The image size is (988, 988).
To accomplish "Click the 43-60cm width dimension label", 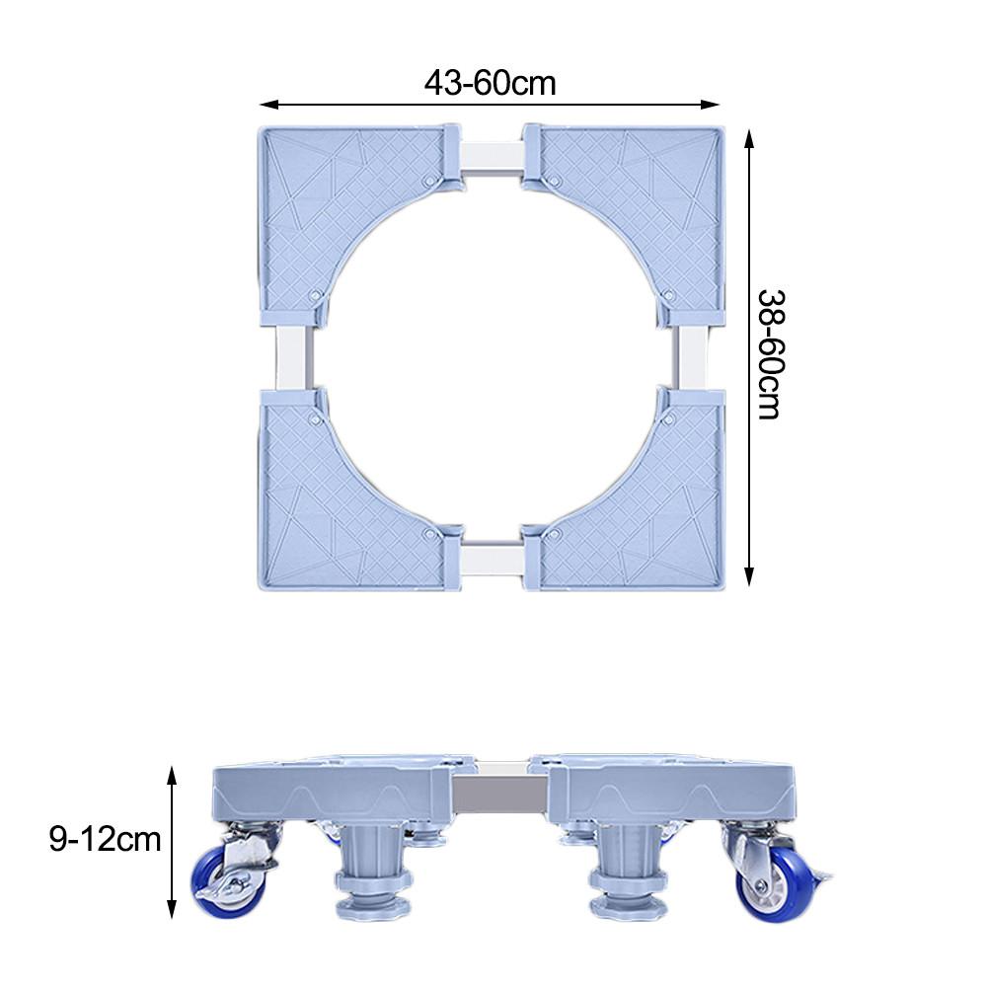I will click(491, 83).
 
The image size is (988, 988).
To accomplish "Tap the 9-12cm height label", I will click(105, 839).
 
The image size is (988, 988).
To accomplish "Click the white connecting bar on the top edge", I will click(492, 158).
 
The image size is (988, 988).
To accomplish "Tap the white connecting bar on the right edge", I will click(692, 357).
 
